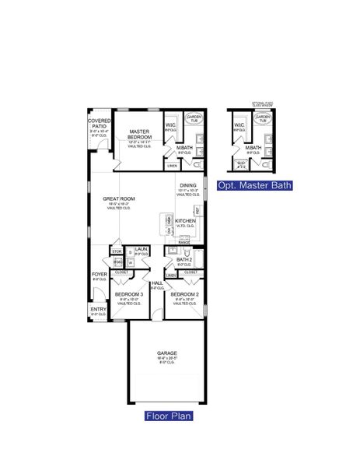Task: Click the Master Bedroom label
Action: coord(139,134)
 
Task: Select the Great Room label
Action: coord(119,199)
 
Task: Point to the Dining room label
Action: coord(188,186)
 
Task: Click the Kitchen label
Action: coord(185,221)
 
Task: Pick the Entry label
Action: coord(98,309)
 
